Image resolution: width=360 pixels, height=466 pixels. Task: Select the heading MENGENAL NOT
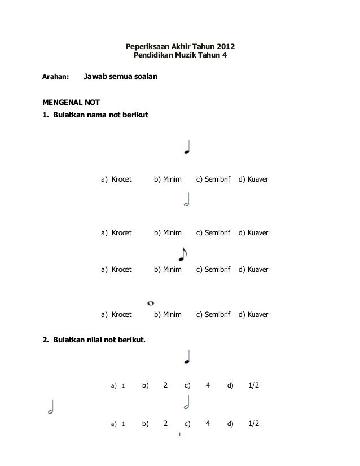click(x=72, y=103)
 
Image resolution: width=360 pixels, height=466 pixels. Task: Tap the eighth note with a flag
click(x=182, y=254)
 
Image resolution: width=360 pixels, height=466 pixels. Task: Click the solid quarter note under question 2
click(x=187, y=357)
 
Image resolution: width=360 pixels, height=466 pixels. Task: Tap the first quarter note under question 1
click(x=187, y=148)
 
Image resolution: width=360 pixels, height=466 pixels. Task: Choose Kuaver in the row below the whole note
click(x=257, y=314)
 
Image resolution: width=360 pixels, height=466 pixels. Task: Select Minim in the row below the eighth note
click(x=168, y=270)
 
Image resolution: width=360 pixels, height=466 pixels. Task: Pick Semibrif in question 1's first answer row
click(x=213, y=179)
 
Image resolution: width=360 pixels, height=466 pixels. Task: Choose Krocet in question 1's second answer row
click(x=121, y=232)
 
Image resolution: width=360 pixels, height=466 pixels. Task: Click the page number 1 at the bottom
click(x=179, y=435)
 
